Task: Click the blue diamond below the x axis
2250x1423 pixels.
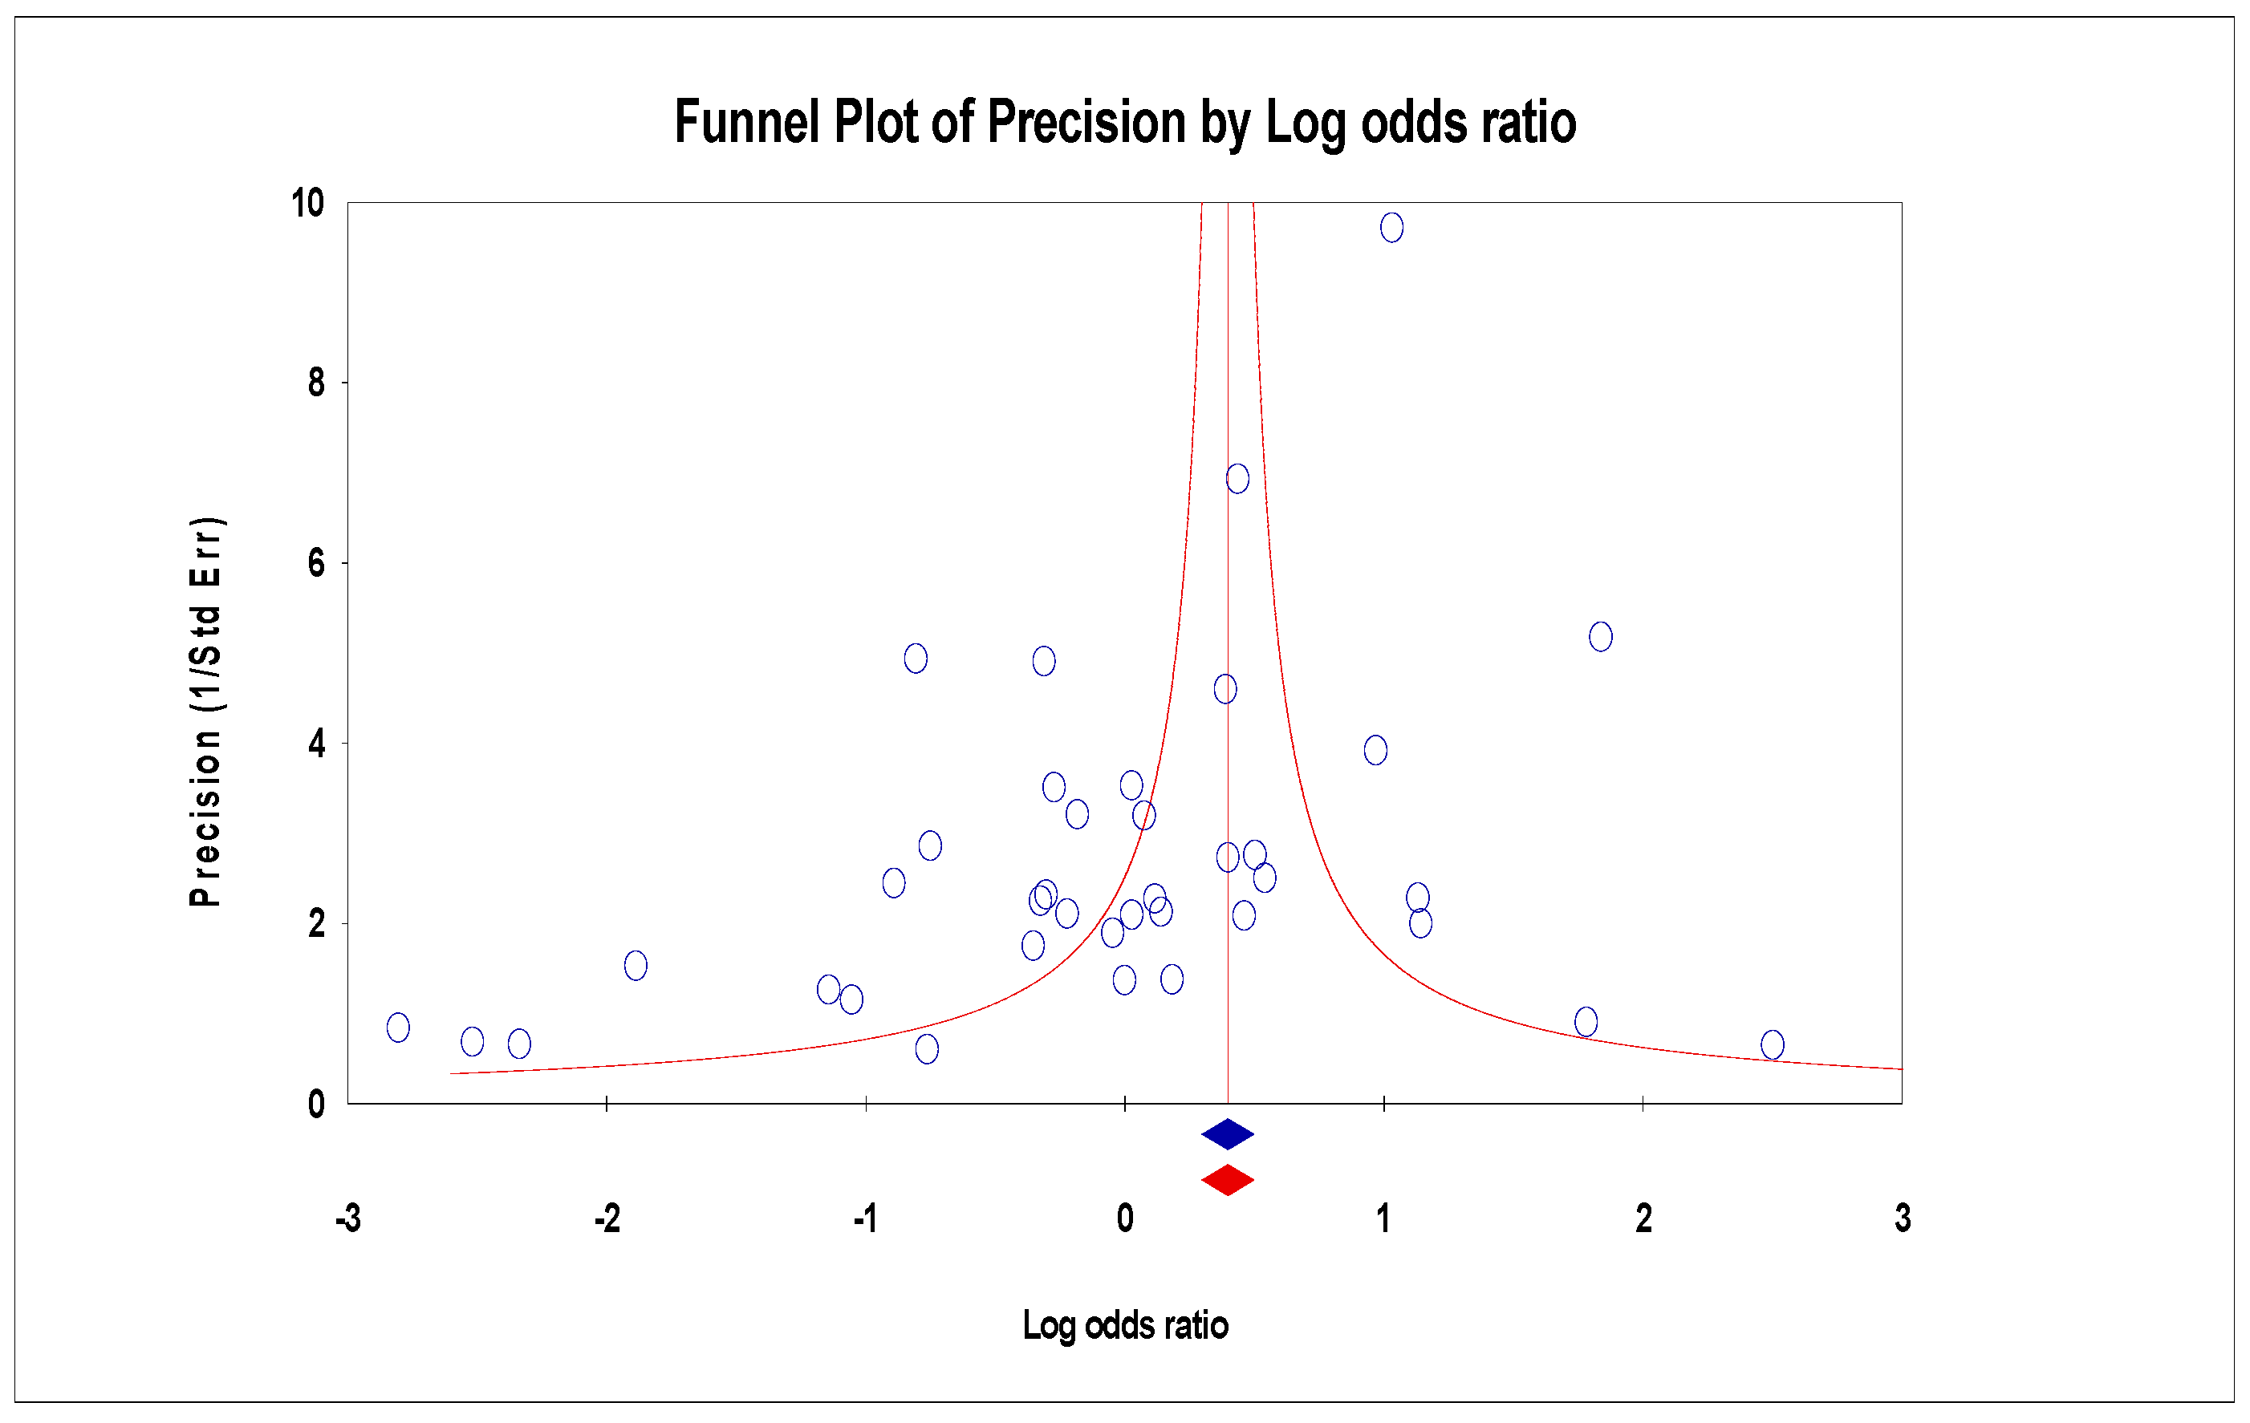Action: pos(1227,1134)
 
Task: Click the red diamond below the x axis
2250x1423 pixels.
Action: pos(1227,1180)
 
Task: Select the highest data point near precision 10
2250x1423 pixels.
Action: pos(1391,227)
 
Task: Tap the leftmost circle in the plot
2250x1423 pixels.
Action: pos(398,1027)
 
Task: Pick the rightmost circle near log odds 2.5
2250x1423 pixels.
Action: pos(1773,1044)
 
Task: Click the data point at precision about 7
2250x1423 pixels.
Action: pos(1237,478)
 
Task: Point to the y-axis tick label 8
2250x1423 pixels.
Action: pos(317,383)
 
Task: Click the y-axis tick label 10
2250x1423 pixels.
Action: pos(307,203)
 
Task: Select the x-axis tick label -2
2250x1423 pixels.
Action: pos(607,1218)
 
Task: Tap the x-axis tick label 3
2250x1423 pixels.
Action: pos(1903,1218)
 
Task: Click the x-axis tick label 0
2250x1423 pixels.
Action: pos(1125,1218)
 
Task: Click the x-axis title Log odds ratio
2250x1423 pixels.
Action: pos(1125,1326)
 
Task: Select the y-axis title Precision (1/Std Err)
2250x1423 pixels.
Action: pos(205,712)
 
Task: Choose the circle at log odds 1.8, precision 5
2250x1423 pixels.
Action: pos(1601,636)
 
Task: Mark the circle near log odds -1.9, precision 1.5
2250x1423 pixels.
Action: pos(636,965)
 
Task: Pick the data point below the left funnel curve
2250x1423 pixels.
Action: pos(927,1049)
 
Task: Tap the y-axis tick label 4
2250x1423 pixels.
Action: pos(317,744)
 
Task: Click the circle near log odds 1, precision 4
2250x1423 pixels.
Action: pos(1375,749)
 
